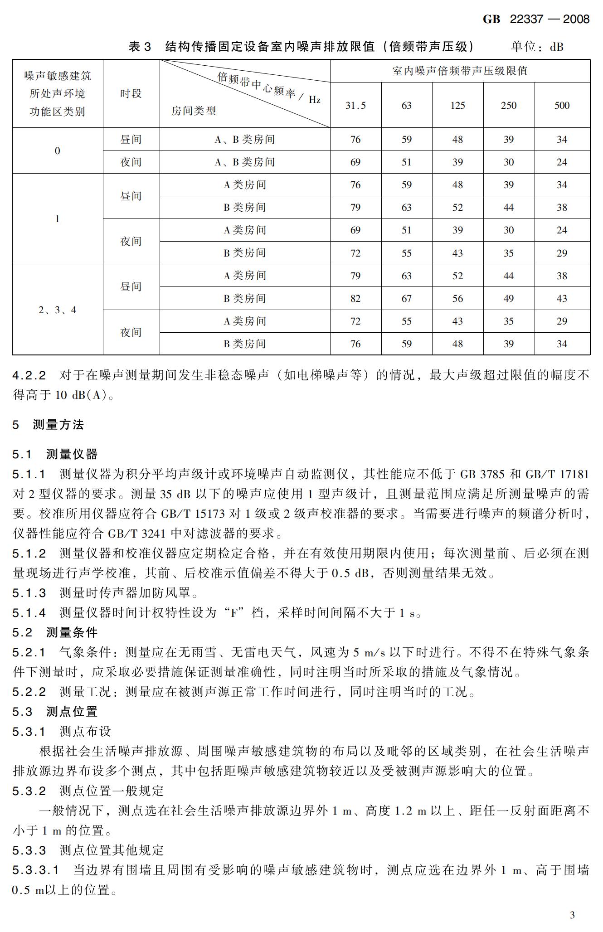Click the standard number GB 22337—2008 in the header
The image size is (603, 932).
[x=536, y=19]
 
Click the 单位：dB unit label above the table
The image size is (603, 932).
[x=537, y=47]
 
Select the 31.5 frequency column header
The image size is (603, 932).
[x=355, y=106]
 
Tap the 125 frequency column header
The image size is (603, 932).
[x=457, y=106]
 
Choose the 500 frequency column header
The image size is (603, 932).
[x=562, y=106]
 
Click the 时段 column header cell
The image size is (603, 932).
[x=131, y=94]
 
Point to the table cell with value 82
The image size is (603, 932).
[x=355, y=299]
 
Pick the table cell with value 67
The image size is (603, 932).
[x=407, y=299]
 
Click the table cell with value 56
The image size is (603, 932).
[x=457, y=299]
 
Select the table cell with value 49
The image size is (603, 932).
[x=509, y=299]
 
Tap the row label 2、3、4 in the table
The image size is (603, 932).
[x=58, y=310]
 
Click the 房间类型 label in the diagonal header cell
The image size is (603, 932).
[x=194, y=111]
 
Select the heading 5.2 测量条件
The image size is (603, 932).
[x=55, y=632]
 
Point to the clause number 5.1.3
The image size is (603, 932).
[x=29, y=593]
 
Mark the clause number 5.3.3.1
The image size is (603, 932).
[x=35, y=870]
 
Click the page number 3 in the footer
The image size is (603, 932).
[x=572, y=915]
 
